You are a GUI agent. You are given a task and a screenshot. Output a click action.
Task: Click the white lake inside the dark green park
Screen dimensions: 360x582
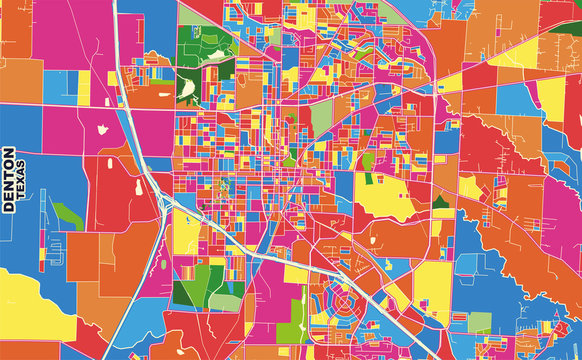point(187,88)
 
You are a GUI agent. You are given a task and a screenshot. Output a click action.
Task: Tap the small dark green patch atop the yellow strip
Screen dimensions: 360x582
point(369,179)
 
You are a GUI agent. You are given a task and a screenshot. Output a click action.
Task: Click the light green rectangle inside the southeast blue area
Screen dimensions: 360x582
point(479,323)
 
